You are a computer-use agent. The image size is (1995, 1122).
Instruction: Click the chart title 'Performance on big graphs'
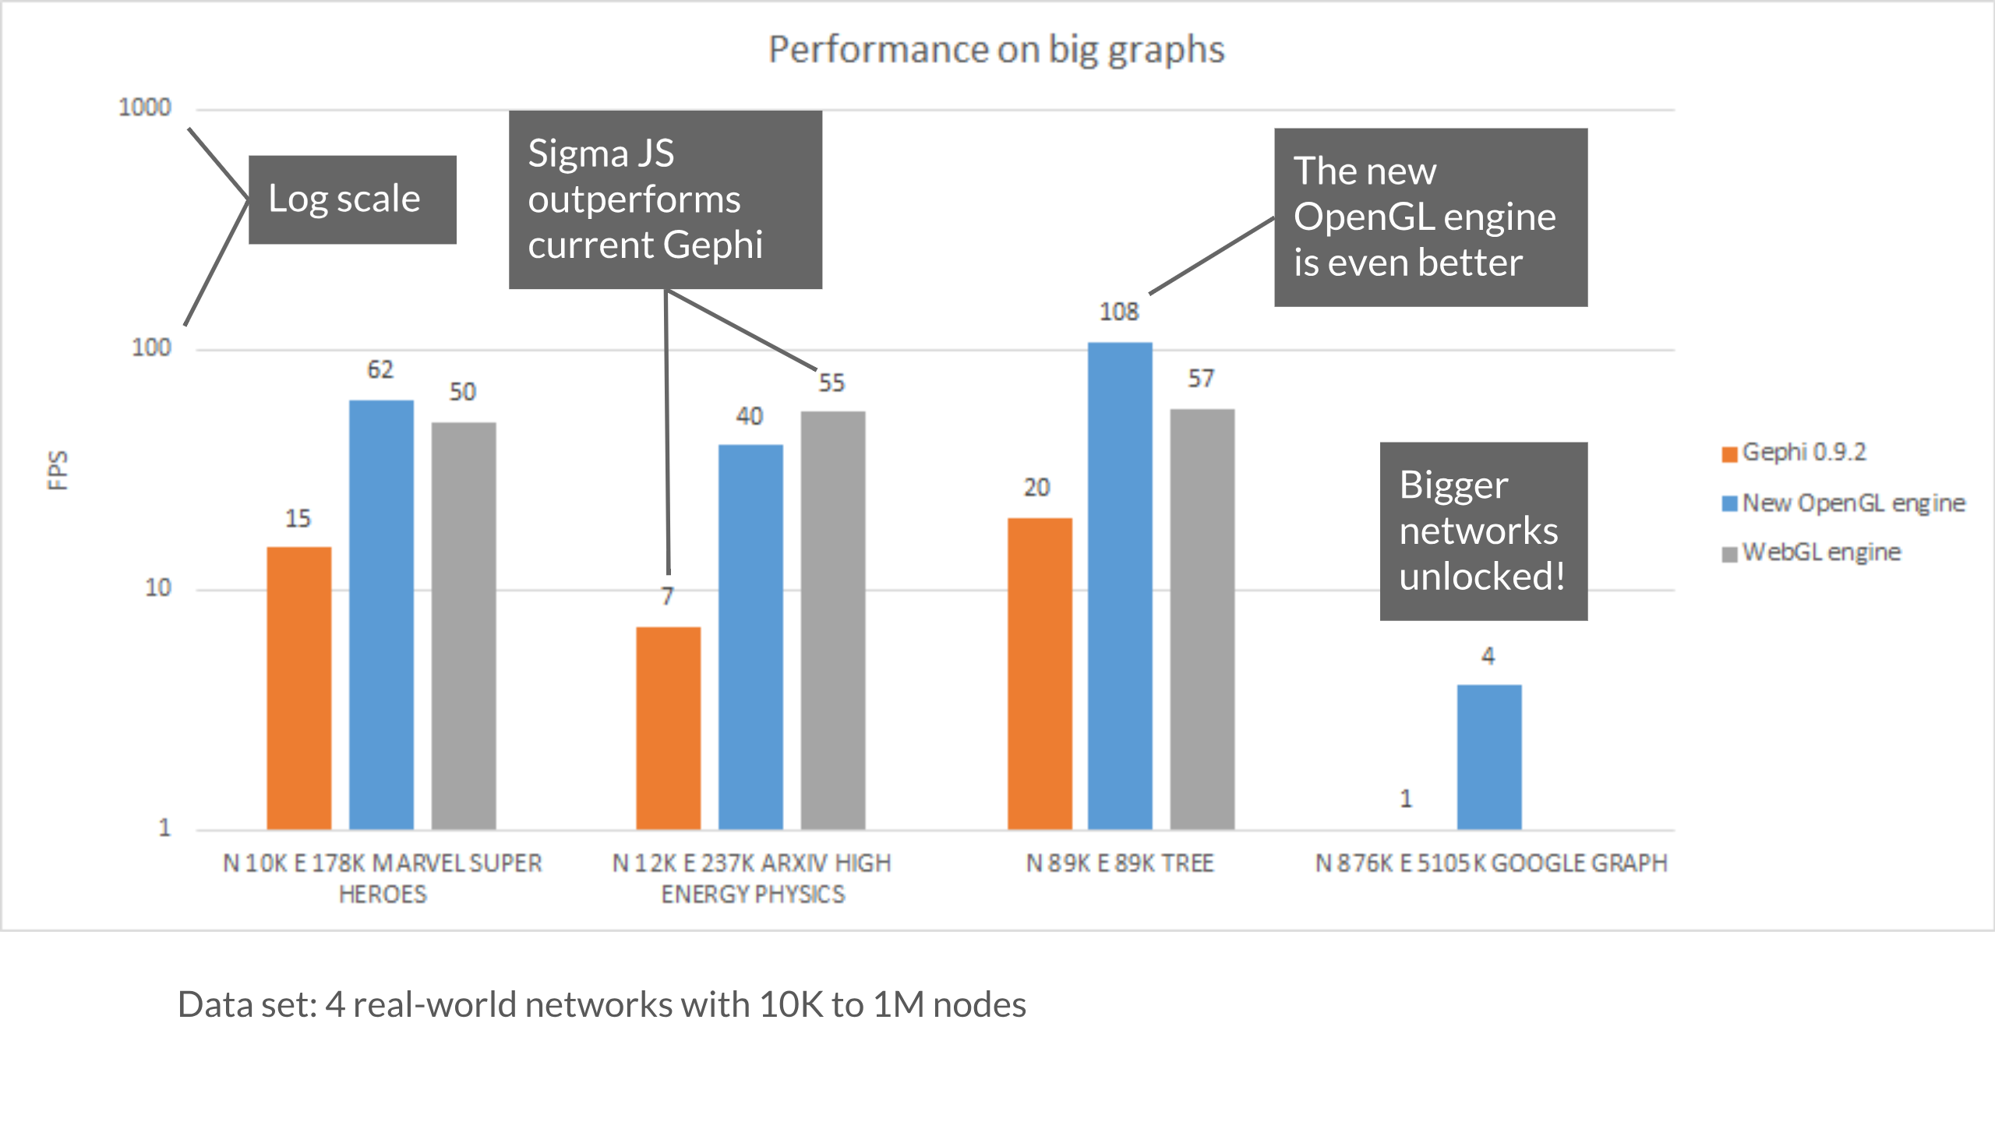(x=996, y=50)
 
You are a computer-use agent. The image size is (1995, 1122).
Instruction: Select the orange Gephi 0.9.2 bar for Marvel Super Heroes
(x=299, y=687)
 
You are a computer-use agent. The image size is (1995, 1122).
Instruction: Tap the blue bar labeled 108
(x=1120, y=584)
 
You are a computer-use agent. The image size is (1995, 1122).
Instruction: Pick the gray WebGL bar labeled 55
(x=833, y=619)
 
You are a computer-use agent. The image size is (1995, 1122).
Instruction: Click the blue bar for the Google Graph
(x=1488, y=756)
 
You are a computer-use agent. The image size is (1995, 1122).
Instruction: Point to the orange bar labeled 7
(x=668, y=727)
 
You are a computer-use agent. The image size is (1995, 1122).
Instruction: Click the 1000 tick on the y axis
(x=144, y=108)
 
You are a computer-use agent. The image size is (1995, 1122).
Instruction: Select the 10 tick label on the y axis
(x=157, y=588)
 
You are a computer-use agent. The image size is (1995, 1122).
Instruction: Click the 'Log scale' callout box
(x=352, y=199)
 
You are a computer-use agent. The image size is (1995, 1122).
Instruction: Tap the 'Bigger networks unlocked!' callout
(x=1483, y=531)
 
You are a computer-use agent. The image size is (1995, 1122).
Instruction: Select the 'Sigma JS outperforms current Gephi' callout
(x=665, y=199)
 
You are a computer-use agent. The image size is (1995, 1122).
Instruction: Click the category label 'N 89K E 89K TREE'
(x=1120, y=863)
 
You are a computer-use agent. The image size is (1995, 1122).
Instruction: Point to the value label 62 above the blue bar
(x=380, y=370)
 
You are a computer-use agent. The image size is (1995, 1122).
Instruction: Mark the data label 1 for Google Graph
(x=1406, y=799)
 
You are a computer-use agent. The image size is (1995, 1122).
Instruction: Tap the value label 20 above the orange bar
(x=1036, y=488)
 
